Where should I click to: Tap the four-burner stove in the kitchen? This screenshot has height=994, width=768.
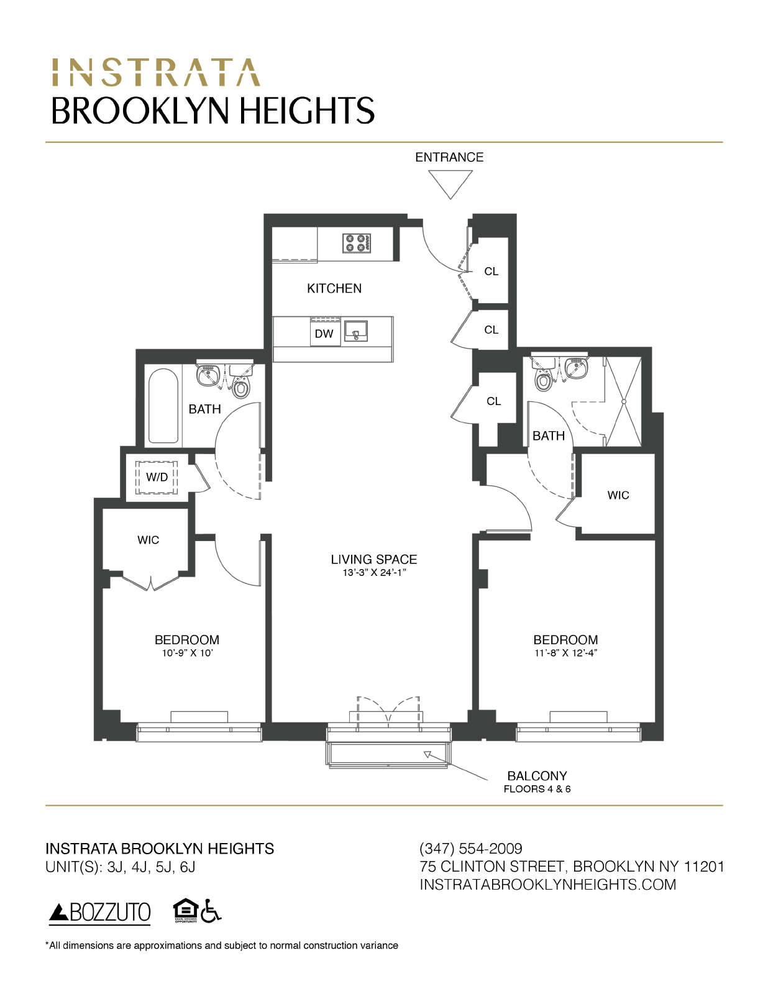[357, 242]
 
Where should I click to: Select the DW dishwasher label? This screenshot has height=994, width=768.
[324, 334]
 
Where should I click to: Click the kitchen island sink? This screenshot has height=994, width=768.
[356, 331]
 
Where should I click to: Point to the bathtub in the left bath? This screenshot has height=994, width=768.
[163, 406]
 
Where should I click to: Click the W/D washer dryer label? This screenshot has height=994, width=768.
[157, 477]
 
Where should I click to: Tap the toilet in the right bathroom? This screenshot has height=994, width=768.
[544, 377]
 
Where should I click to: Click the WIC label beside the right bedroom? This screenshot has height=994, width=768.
[618, 495]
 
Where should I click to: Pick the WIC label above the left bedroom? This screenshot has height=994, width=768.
[148, 540]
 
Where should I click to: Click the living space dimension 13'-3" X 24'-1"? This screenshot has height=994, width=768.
[374, 572]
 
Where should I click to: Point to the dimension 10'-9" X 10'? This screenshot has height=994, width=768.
[186, 653]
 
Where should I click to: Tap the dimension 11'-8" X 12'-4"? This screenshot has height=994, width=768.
[565, 653]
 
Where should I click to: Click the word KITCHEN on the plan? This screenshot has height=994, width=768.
[334, 288]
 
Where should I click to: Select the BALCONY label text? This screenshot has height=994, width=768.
[537, 776]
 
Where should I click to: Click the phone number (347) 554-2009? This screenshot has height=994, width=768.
[471, 849]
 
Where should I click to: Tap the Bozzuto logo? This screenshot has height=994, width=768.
[100, 912]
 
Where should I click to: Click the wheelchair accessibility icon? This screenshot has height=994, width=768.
[213, 911]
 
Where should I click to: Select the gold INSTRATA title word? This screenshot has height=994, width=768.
[155, 73]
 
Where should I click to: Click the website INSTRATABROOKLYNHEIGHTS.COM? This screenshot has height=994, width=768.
[548, 885]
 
